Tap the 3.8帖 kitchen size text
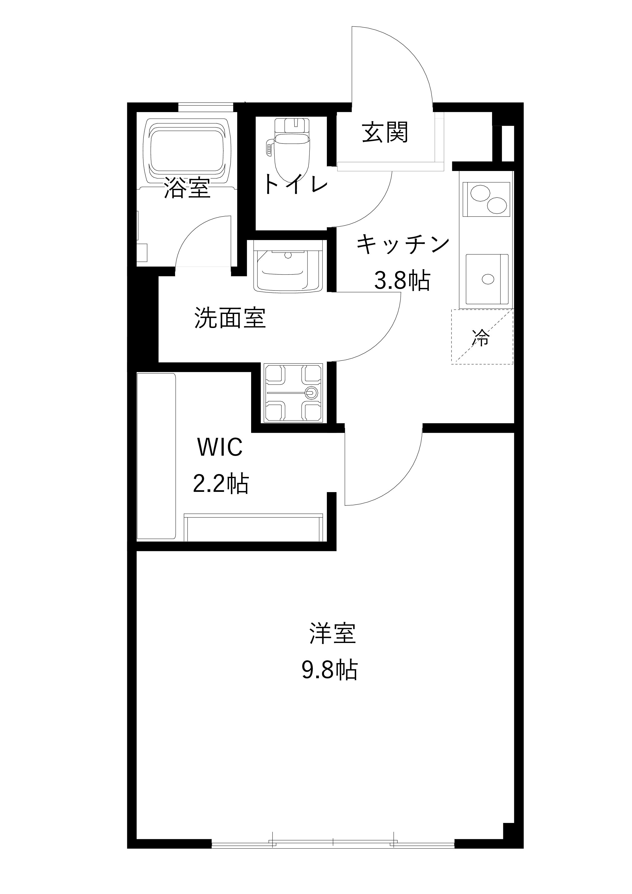(402, 280)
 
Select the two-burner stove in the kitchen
(487, 199)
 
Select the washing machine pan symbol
(293, 393)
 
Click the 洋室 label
(332, 634)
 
